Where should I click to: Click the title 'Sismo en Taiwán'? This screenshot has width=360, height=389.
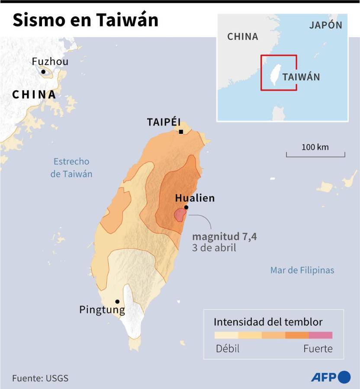tap(85, 20)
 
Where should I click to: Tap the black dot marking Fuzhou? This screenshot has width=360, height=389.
tap(43, 72)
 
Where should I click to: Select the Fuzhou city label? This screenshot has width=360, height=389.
tap(50, 62)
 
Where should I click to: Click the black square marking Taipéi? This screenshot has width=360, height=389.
tap(181, 132)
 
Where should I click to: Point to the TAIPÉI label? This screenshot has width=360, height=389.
tap(164, 122)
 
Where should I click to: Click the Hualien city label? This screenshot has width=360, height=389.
tap(195, 198)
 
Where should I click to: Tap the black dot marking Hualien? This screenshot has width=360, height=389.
tap(186, 207)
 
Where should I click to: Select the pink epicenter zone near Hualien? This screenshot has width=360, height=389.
tap(179, 214)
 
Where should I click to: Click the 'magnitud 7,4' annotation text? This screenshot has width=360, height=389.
tap(225, 237)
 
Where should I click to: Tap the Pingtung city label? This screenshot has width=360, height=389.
tap(102, 309)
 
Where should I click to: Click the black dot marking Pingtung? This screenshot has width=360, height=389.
tap(117, 302)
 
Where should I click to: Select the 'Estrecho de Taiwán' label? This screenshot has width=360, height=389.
tap(71, 168)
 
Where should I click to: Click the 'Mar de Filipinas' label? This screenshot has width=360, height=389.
tap(302, 270)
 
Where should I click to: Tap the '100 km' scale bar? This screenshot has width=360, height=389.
tap(315, 152)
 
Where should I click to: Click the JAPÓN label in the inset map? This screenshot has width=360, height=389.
tap(325, 25)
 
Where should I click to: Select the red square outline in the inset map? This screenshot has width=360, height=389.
tap(279, 73)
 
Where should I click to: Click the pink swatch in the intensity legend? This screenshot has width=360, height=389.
tap(321, 335)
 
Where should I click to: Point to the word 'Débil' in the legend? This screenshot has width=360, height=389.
tap(228, 349)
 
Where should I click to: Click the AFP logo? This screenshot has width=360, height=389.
tap(331, 377)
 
